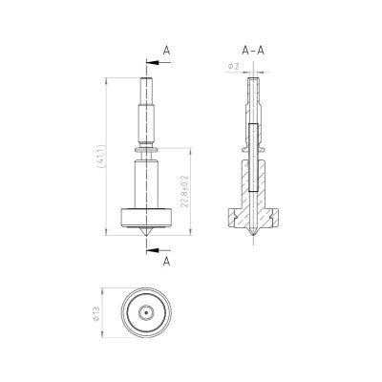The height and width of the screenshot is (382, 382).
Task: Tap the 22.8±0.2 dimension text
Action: (x=186, y=190)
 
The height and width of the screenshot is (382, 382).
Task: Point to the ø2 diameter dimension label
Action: (x=232, y=66)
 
